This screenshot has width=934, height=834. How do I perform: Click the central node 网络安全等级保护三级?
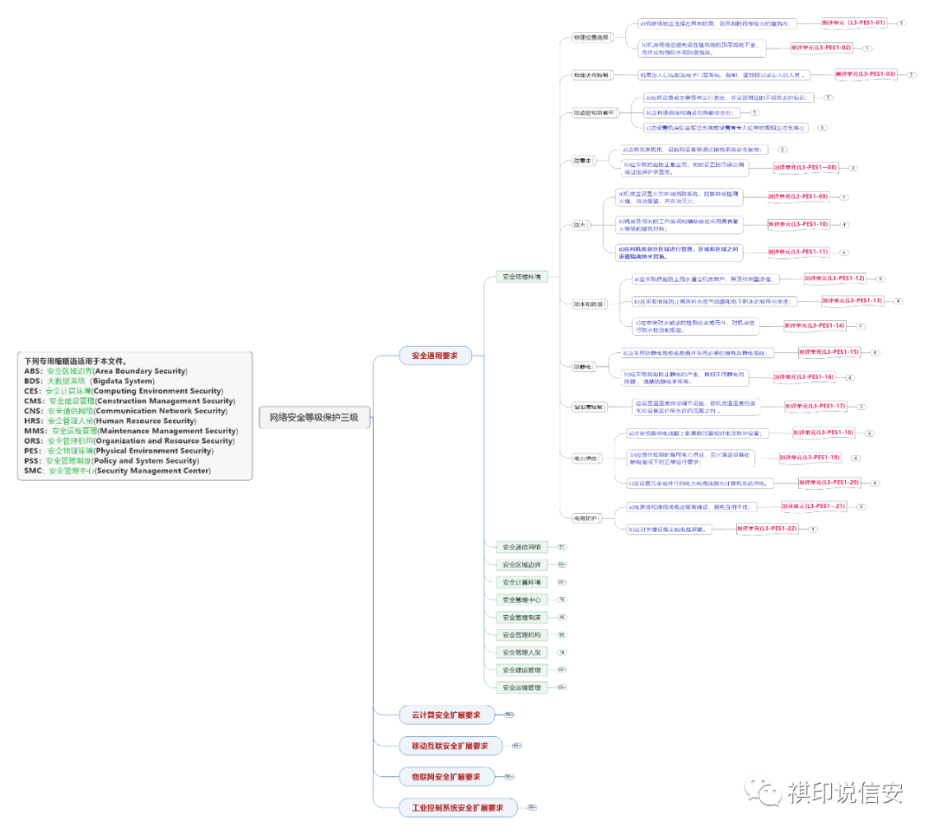click(x=314, y=418)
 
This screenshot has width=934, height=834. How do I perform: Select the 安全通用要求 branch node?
click(x=434, y=356)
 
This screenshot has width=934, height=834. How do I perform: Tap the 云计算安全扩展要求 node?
click(x=445, y=715)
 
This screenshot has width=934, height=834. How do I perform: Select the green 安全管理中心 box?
click(x=521, y=600)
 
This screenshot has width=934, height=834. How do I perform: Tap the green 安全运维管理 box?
click(x=521, y=688)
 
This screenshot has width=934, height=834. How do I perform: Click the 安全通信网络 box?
click(x=521, y=547)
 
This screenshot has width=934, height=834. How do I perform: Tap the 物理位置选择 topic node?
click(x=591, y=38)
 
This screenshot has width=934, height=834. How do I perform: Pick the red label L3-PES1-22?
click(x=766, y=529)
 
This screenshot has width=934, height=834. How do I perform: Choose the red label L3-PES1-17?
click(x=815, y=406)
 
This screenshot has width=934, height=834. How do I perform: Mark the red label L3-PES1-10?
click(x=798, y=224)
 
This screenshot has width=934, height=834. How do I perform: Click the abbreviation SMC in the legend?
click(x=34, y=472)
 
